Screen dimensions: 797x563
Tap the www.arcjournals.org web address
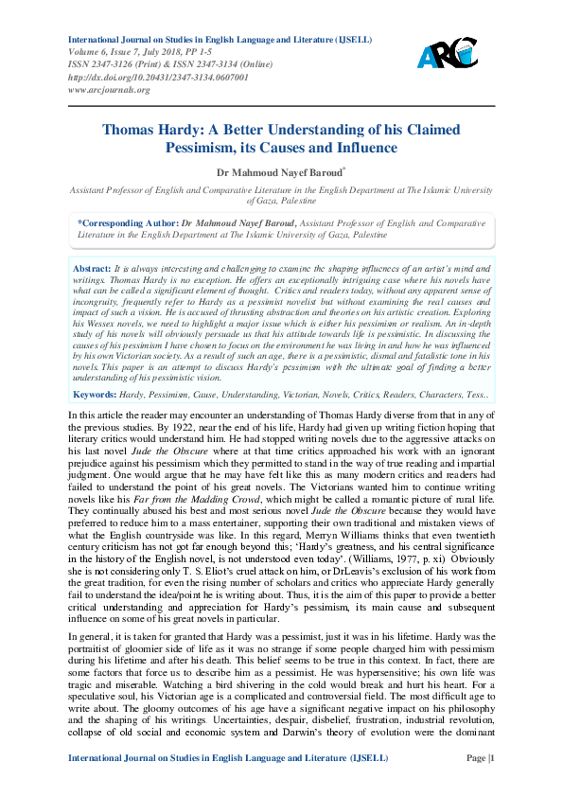click(109, 90)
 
